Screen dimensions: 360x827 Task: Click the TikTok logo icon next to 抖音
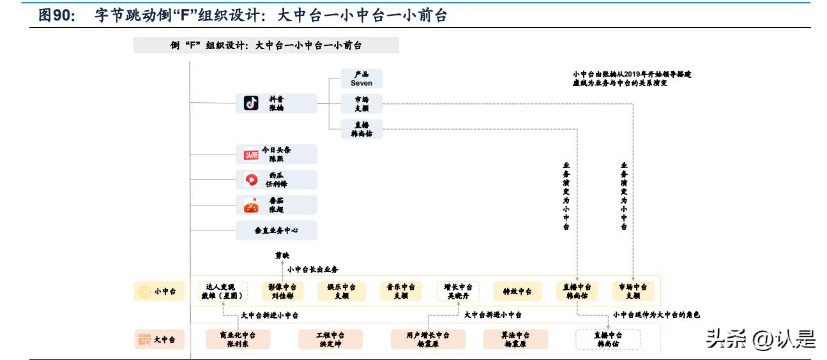[252, 103]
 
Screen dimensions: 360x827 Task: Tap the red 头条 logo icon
[251, 154]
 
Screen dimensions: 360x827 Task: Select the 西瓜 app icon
[251, 180]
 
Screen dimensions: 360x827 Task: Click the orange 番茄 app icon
[251, 206]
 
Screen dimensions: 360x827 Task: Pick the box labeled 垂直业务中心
[276, 230]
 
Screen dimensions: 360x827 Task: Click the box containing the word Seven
[361, 79]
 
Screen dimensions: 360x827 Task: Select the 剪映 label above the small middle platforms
[282, 255]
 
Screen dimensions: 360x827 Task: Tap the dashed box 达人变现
[222, 291]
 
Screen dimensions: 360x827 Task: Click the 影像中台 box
[282, 291]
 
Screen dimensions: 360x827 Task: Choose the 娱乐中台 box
[342, 291]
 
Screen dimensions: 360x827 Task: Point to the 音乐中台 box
[401, 291]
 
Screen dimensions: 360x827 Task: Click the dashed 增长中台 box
[459, 291]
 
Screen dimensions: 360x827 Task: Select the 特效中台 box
[517, 291]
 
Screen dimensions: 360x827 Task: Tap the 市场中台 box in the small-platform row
[633, 291]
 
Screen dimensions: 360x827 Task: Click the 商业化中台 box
[238, 339]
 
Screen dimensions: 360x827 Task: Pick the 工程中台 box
[330, 339]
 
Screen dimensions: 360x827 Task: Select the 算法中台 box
[515, 339]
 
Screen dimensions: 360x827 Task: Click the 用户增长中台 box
[423, 339]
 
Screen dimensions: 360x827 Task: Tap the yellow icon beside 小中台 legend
[144, 292]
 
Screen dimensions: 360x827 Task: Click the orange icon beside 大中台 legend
[144, 340]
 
